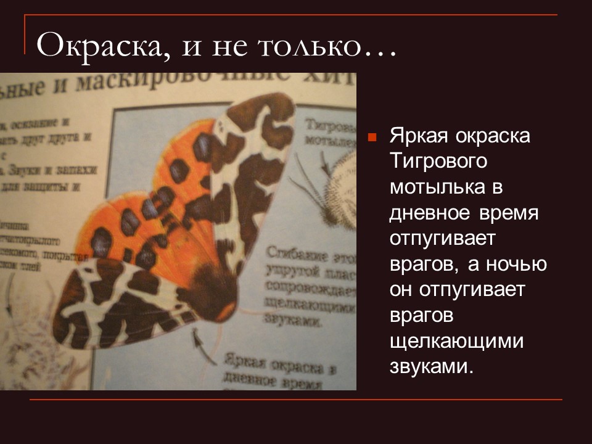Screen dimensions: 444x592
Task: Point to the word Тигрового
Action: tap(438, 162)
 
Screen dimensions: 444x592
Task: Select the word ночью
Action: tap(517, 265)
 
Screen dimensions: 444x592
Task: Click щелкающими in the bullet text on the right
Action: tap(456, 341)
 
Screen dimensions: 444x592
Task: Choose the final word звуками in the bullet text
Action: tap(430, 367)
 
